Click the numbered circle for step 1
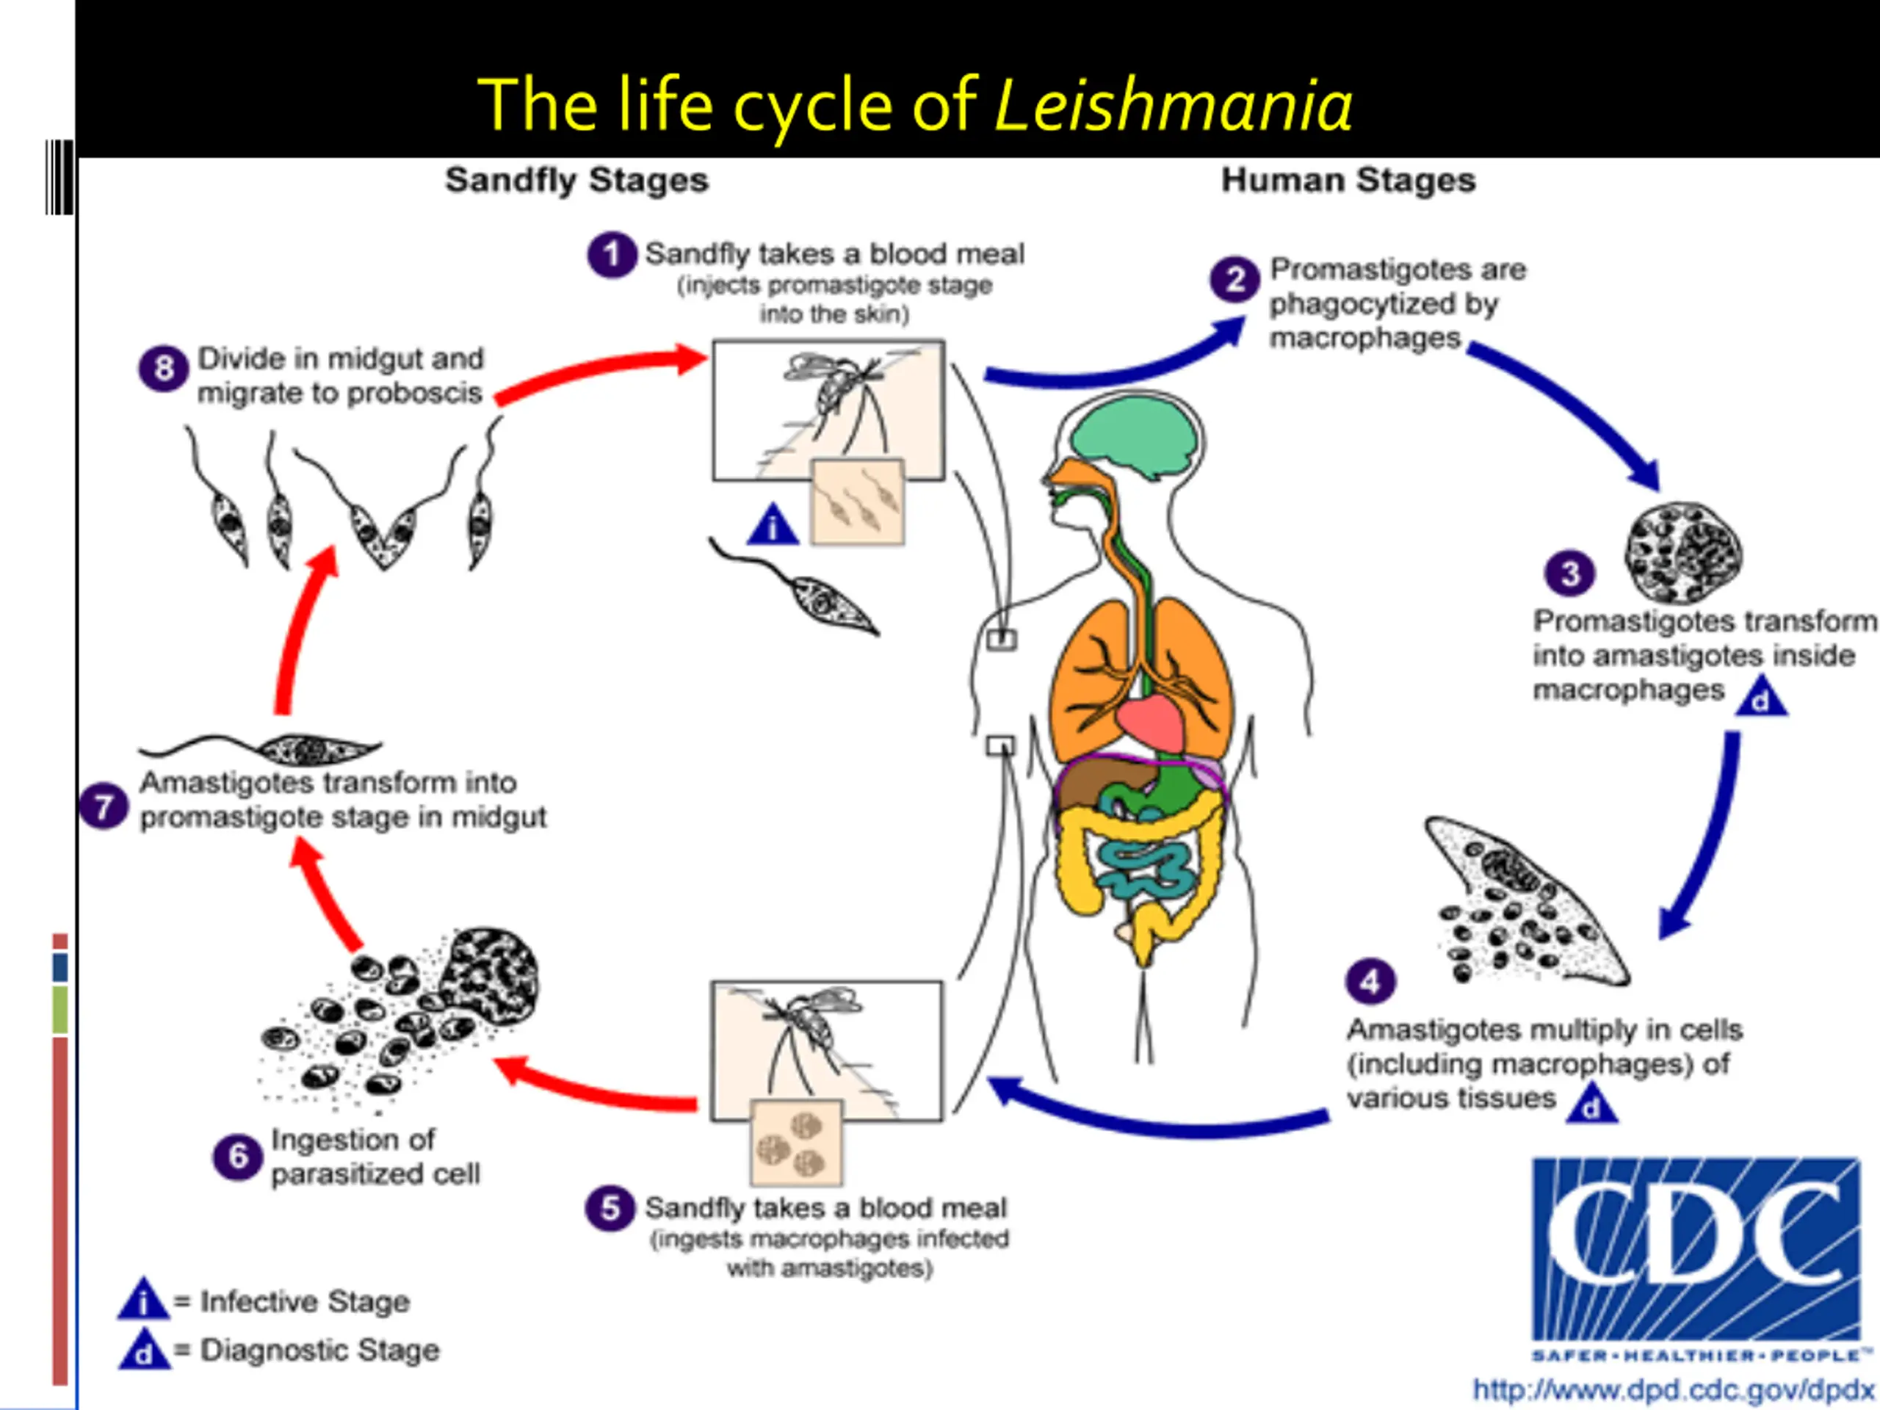(612, 254)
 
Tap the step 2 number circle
(1235, 280)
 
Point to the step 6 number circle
(238, 1156)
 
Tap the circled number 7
(104, 806)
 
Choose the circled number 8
(164, 368)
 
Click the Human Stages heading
(1348, 180)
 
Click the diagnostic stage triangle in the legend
(145, 1350)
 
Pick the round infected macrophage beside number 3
(1683, 552)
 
